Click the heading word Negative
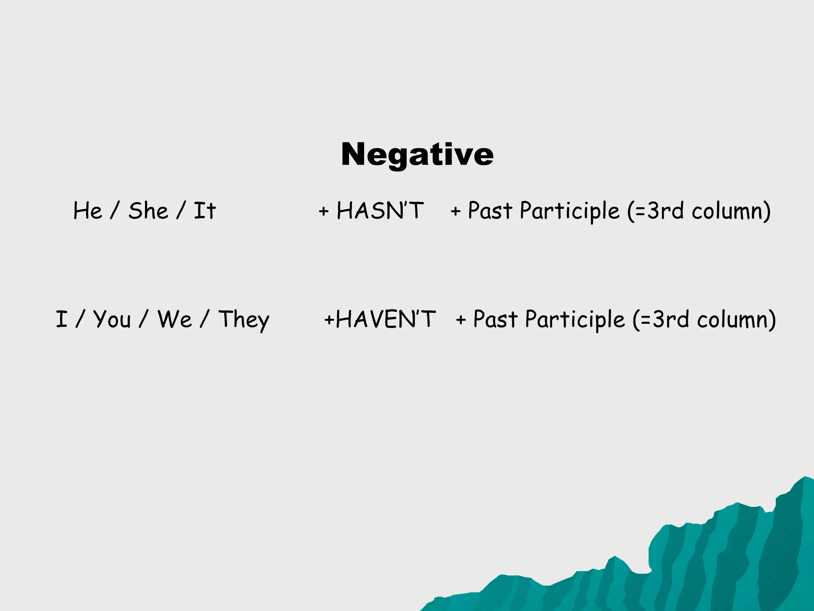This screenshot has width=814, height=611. click(x=417, y=154)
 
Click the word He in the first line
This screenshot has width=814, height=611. click(x=87, y=210)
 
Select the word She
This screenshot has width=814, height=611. click(x=148, y=210)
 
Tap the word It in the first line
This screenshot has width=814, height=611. click(x=204, y=210)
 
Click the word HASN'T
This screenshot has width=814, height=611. click(x=380, y=210)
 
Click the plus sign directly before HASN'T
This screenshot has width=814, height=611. click(x=324, y=211)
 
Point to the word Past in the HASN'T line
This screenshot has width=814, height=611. click(x=490, y=210)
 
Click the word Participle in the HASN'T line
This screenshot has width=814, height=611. click(x=569, y=211)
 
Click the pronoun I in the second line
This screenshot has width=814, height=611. click(x=61, y=319)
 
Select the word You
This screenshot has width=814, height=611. click(x=112, y=320)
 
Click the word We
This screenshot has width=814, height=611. click(x=174, y=319)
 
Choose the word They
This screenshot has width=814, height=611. click(x=244, y=320)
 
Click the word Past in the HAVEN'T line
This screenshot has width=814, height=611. click(x=495, y=319)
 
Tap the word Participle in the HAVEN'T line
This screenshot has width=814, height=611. click(x=574, y=320)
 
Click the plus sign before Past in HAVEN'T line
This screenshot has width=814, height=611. click(x=461, y=320)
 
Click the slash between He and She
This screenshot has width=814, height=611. click(x=115, y=210)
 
